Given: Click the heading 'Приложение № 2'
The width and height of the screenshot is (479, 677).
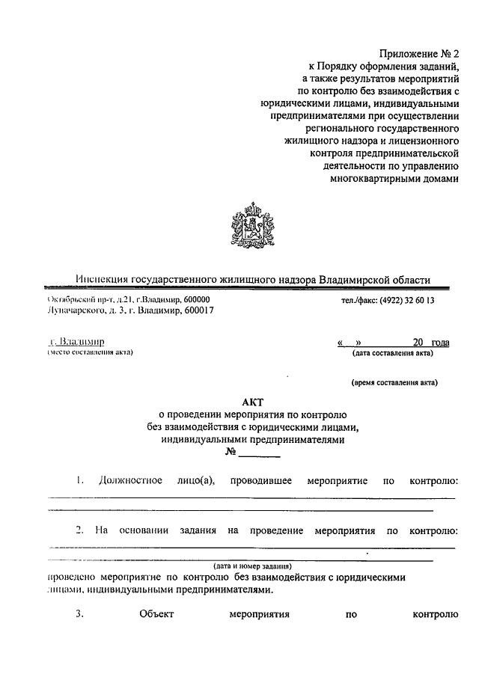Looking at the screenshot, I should pos(418,54).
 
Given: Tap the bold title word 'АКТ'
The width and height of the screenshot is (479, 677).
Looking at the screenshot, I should pos(252,401).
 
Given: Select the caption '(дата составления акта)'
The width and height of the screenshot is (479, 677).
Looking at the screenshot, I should pos(394,352).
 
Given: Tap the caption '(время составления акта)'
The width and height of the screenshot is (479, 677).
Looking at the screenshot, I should pos(394,382).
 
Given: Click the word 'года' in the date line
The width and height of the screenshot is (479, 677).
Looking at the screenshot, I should pos(440,342).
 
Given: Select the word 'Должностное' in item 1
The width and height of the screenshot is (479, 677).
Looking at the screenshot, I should pos(130,480).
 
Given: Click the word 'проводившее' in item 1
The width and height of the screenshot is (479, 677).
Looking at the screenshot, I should pos(261,480).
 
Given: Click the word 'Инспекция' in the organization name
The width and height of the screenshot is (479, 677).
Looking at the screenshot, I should pos(102,280).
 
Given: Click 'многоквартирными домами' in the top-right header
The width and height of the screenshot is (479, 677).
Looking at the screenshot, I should pos(393,179).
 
